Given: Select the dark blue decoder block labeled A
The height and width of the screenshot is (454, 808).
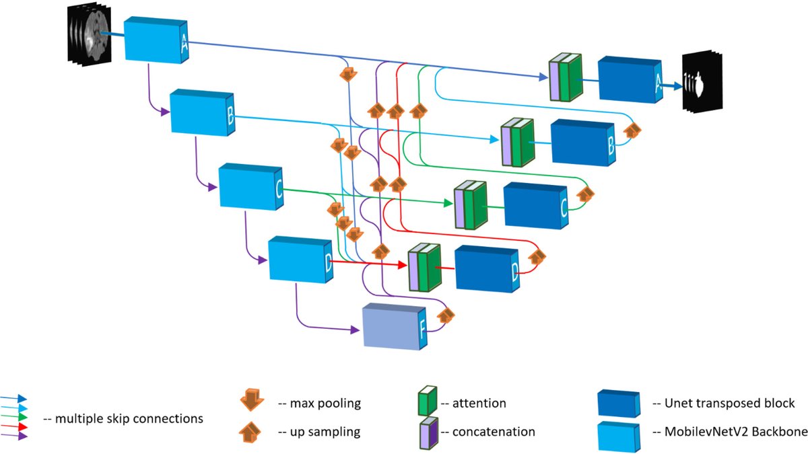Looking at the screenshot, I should coord(626,79).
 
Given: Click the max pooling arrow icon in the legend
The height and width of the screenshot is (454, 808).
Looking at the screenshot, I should coord(253,402).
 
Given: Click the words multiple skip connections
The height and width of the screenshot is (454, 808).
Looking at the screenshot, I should coord(123,418).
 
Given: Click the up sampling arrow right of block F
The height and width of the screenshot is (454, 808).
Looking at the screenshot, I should coord(446,315).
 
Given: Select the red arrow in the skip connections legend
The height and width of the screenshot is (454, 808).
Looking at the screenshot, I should coord(15,426).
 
